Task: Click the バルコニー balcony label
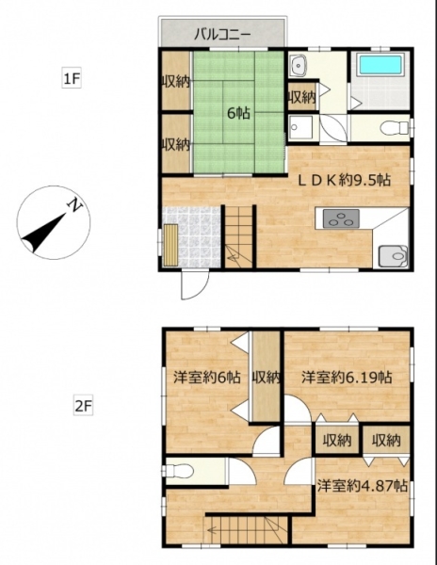coord(222,35)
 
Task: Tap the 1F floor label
coord(72,78)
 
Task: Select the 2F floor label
coord(83,406)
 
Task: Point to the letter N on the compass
coord(75,205)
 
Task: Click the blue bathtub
coord(380,65)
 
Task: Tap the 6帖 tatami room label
coord(238,114)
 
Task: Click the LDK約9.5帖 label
coord(344,180)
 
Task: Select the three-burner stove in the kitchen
coord(341,218)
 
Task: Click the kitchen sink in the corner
coord(393,256)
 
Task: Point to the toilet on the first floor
coord(395,127)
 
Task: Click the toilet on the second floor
coord(178,471)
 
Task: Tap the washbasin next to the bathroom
coord(299,66)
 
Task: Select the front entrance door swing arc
coord(195,285)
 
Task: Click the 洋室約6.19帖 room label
coord(347,378)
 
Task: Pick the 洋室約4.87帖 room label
coord(362,486)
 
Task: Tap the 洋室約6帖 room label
coord(207,378)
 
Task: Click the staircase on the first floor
coord(238,236)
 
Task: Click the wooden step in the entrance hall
coord(170,245)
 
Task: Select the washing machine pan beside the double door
coord(301,127)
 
